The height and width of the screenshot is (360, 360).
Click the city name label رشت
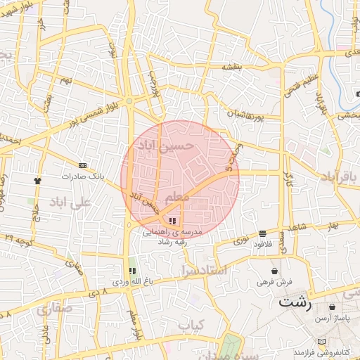pos(295,304)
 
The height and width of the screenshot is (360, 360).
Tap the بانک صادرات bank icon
pos(82,165)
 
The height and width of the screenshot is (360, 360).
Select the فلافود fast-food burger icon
pos(262,233)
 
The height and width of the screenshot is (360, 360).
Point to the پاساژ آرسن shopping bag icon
pos(331,307)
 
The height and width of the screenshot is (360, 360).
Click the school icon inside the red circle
pos(173,221)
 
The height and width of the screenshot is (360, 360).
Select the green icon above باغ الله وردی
pos(131,271)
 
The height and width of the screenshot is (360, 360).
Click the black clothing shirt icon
pos(37,180)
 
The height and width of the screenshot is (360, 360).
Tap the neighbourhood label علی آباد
pos(71,202)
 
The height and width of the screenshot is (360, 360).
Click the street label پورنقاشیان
pos(246,112)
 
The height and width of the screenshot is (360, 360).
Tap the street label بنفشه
pos(232,67)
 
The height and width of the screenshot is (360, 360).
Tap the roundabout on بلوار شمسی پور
pos(129,102)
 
